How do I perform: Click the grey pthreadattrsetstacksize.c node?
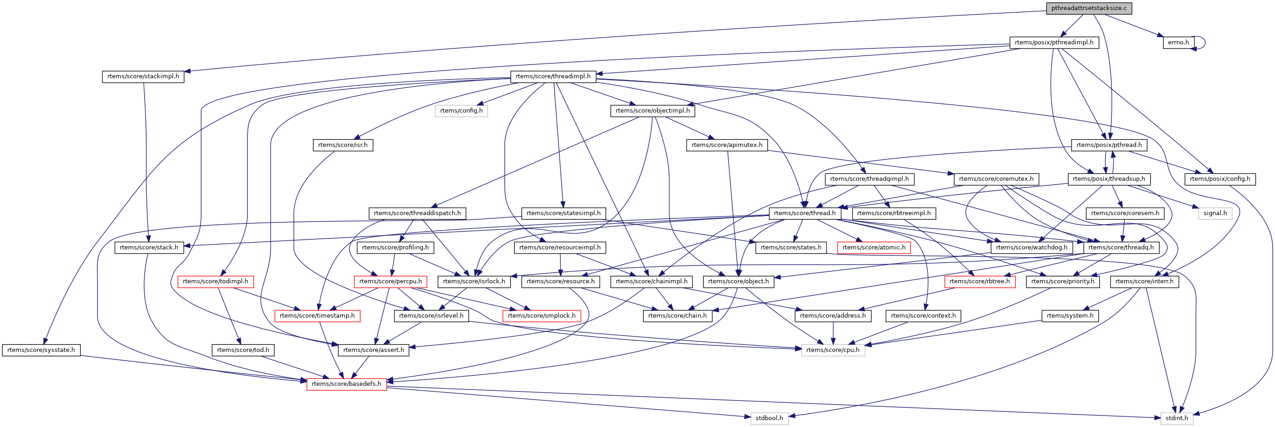pyautogui.click(x=1088, y=8)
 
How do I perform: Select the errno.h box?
pyautogui.click(x=1178, y=43)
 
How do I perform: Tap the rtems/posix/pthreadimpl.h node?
pyautogui.click(x=1054, y=43)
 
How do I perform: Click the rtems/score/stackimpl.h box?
pyautogui.click(x=143, y=77)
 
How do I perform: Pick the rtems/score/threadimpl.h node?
pyautogui.click(x=553, y=77)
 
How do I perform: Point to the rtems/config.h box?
pyautogui.click(x=461, y=111)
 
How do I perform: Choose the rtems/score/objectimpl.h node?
pyautogui.click(x=652, y=111)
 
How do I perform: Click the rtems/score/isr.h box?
pyautogui.click(x=342, y=145)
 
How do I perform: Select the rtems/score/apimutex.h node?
pyautogui.click(x=726, y=145)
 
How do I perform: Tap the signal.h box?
pyautogui.click(x=1215, y=213)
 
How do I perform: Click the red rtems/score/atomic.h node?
pyautogui.click(x=874, y=248)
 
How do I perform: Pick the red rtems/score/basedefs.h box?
pyautogui.click(x=347, y=384)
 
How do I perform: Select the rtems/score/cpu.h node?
pyautogui.click(x=832, y=350)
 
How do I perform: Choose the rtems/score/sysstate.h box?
pyautogui.click(x=41, y=350)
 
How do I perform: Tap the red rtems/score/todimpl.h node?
pyautogui.click(x=215, y=282)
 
